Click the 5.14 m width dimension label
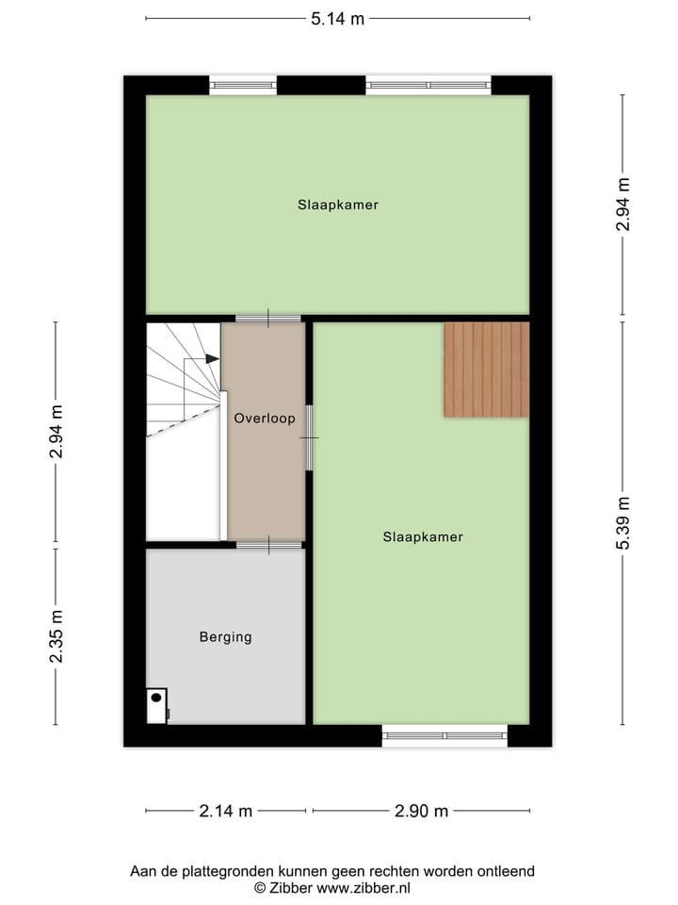coord(337,19)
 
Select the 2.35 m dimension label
coord(56,636)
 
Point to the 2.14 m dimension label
coord(225,810)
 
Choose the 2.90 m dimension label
coord(421,810)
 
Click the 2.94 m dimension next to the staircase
coord(56,431)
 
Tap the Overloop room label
coord(265,418)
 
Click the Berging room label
coord(225,637)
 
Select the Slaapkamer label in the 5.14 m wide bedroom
coord(338,205)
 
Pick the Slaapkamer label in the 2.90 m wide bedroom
coord(423,537)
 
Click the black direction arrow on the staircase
coord(211,359)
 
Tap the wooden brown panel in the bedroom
coord(486,370)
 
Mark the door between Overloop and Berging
coord(268,545)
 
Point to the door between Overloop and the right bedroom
coord(309,437)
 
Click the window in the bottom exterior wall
coord(444,735)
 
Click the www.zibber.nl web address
coord(363,888)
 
